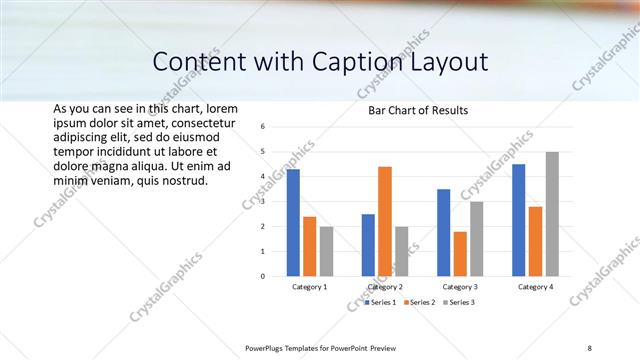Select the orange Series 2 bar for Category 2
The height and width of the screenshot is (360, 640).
(385, 221)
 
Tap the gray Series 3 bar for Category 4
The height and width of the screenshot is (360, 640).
(552, 214)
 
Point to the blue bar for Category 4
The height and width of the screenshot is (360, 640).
(518, 220)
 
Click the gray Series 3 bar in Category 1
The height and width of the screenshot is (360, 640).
(326, 251)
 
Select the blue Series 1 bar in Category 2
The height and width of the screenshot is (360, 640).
(368, 245)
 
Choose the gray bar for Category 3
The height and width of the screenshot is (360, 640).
(477, 239)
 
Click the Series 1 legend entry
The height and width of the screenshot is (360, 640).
(381, 302)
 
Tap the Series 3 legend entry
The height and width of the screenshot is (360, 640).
(461, 302)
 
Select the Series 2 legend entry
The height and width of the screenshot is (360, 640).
(421, 302)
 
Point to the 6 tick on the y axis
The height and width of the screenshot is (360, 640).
(262, 127)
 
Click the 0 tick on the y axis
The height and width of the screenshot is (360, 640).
(262, 276)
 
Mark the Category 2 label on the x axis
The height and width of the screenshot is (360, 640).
(385, 287)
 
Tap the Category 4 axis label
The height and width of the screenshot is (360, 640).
(535, 287)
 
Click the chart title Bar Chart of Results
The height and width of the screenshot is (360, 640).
(411, 110)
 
